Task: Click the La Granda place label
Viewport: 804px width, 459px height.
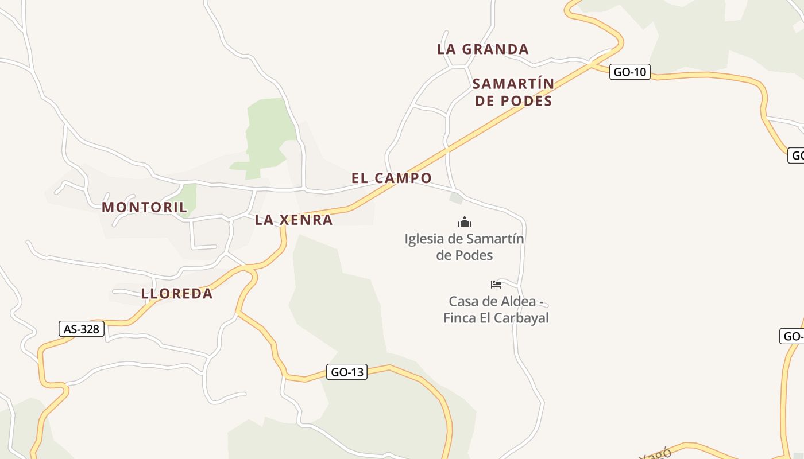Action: coord(482,49)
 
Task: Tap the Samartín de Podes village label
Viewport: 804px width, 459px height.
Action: coord(513,92)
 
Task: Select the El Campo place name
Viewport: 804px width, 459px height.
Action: coord(391,178)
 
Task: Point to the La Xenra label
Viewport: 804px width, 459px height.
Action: coord(293,220)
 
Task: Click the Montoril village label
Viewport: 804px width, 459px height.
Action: coord(144,207)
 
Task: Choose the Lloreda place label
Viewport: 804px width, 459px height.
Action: coord(177,294)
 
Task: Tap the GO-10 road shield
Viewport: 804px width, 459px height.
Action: coord(629,72)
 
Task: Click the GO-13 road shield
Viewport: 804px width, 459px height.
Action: coord(347,372)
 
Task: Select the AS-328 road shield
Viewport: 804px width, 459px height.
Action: coord(82,329)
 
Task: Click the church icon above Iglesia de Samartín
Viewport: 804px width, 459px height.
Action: coord(464,222)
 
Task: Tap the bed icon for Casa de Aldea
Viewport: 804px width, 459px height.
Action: coord(496,285)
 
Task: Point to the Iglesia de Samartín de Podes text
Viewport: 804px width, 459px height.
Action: coord(464,247)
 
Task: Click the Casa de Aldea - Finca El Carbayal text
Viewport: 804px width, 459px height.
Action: coord(496,309)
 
